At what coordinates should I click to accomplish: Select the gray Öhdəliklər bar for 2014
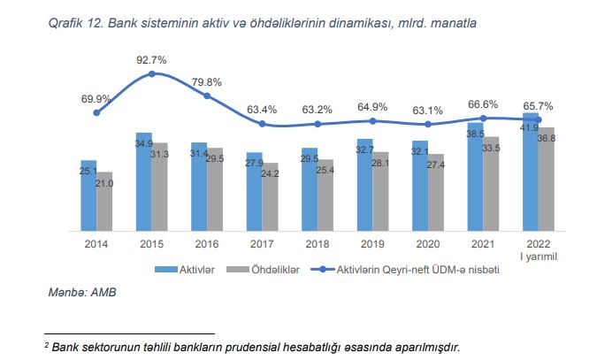click(104, 201)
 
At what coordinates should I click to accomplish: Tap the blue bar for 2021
click(475, 176)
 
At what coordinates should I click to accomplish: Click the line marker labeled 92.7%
click(152, 73)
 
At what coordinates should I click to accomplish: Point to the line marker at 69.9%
click(96, 112)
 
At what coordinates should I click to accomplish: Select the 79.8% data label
click(207, 82)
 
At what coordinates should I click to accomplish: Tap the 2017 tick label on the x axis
click(262, 242)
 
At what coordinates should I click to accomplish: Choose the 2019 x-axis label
click(372, 242)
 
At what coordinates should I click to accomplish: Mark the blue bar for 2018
click(310, 189)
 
